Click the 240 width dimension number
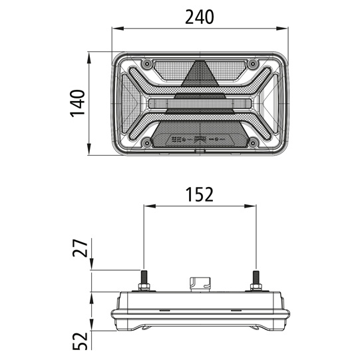(x=199, y=17)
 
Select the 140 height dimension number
(x=79, y=103)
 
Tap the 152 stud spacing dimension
(x=199, y=194)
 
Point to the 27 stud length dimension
(x=79, y=250)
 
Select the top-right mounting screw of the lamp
(x=253, y=64)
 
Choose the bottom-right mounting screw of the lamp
(x=253, y=141)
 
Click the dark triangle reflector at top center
(x=199, y=75)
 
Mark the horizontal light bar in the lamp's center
(x=199, y=104)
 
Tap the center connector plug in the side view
(x=199, y=284)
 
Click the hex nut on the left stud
(x=143, y=287)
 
